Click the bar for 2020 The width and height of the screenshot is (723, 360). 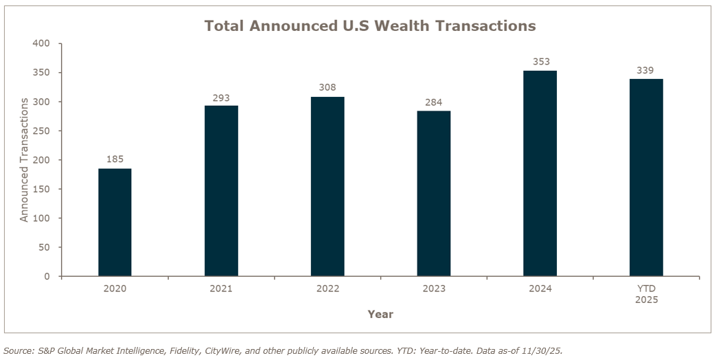point(115,223)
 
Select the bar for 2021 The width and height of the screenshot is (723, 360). point(221,191)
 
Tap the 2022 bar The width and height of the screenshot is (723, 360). point(328,187)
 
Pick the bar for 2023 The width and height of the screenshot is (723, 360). point(434,194)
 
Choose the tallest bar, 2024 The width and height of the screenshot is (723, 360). point(540,174)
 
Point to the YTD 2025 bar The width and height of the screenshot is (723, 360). point(646,178)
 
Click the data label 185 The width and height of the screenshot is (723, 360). point(115,159)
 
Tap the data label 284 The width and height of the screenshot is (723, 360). point(434,102)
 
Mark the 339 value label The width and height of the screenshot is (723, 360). point(646,70)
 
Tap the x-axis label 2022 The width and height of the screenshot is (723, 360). point(328,289)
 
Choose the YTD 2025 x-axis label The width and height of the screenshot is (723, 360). point(646,294)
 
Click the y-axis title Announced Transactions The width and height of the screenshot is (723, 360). point(24,159)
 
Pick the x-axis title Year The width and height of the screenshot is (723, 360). point(380,314)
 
